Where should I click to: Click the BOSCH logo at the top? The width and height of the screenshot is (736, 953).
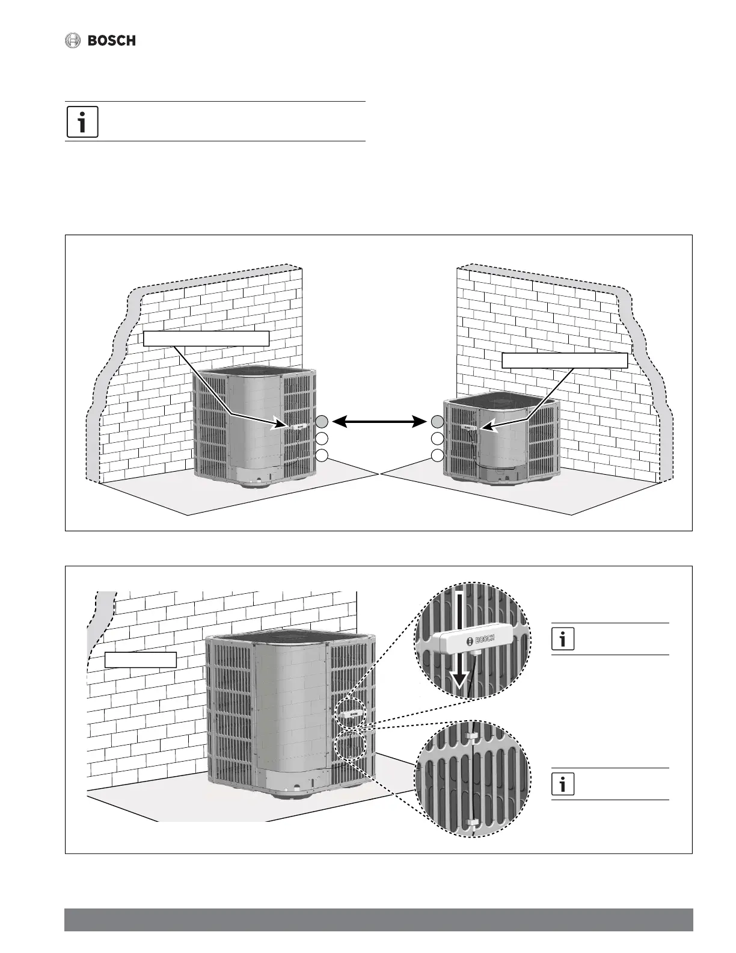(x=100, y=41)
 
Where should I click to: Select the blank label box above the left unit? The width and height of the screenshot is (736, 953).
(x=206, y=338)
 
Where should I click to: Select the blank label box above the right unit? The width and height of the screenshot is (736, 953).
(x=564, y=360)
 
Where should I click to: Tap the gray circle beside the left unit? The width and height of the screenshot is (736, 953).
(x=322, y=422)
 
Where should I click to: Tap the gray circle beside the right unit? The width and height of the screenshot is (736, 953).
(x=437, y=422)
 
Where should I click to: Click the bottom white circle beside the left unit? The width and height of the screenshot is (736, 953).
(x=322, y=455)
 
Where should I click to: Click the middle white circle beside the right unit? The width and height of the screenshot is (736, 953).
(x=437, y=439)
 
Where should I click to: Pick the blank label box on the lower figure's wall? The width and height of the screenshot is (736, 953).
(x=141, y=659)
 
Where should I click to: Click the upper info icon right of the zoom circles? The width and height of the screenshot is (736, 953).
(x=563, y=640)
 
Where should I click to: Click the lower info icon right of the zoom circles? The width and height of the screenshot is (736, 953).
(x=563, y=785)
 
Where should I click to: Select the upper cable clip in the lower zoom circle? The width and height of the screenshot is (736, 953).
(x=474, y=738)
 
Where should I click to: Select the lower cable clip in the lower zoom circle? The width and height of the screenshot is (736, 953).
(x=474, y=822)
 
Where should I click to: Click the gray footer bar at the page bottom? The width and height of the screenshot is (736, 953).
(x=378, y=920)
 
